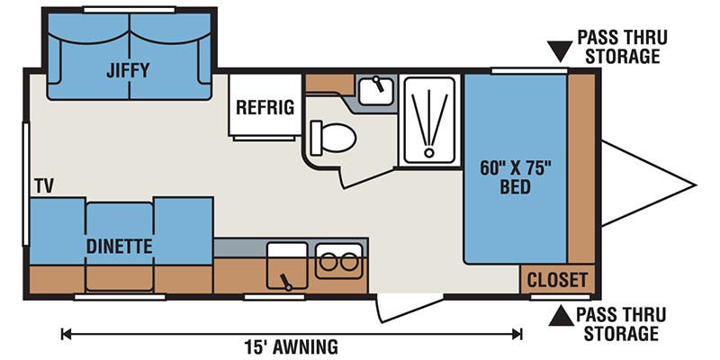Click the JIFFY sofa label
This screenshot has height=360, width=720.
click(128, 70)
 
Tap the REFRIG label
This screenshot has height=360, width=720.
click(265, 107)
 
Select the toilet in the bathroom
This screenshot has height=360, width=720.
click(333, 138)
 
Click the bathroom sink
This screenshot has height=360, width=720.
click(375, 91)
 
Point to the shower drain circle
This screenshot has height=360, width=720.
click(429, 152)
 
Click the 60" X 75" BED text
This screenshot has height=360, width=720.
click(515, 177)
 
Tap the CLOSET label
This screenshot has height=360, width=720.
click(557, 280)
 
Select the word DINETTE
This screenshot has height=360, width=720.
click(119, 247)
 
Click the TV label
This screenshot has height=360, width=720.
click(44, 186)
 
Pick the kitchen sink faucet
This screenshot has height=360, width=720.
click(285, 282)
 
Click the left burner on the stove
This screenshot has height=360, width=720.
click(328, 262)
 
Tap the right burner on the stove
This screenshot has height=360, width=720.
click(349, 262)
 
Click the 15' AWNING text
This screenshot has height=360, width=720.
click(291, 346)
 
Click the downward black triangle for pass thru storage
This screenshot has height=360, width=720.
click(560, 50)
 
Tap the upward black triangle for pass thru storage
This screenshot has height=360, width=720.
click(561, 316)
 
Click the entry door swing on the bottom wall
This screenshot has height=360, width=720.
click(409, 308)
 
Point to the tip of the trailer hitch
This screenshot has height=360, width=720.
click(695, 185)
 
